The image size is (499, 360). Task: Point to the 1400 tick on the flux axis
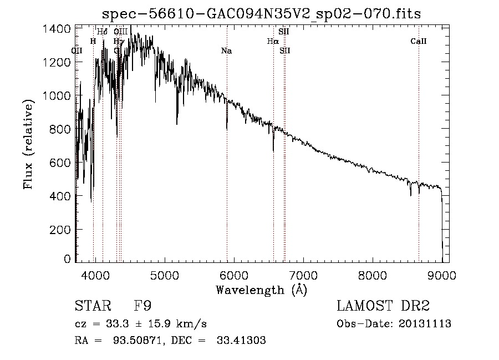click(x=58, y=29)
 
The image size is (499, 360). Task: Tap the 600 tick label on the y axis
click(x=58, y=163)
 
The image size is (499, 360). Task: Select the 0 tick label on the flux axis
click(x=67, y=259)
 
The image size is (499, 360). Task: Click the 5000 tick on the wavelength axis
click(x=164, y=273)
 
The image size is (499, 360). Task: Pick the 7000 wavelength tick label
click(x=303, y=273)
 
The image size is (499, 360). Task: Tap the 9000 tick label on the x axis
click(x=442, y=273)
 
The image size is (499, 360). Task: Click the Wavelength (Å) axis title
click(x=261, y=289)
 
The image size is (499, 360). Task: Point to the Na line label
click(x=226, y=51)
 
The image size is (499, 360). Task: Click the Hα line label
click(x=272, y=41)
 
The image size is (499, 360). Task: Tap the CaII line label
click(x=419, y=41)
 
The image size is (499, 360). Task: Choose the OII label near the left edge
click(x=77, y=50)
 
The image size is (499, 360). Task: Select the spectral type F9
click(x=142, y=306)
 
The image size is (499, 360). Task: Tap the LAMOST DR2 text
click(x=383, y=306)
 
